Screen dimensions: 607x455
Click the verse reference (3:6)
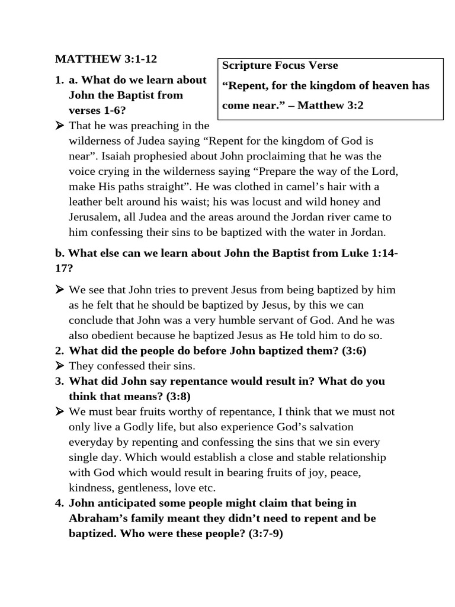tap(353, 351)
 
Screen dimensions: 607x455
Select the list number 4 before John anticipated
tap(59, 503)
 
